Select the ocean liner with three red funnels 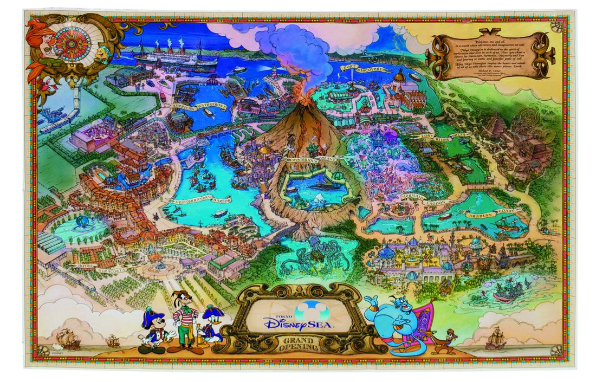pyautogui.click(x=163, y=56)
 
